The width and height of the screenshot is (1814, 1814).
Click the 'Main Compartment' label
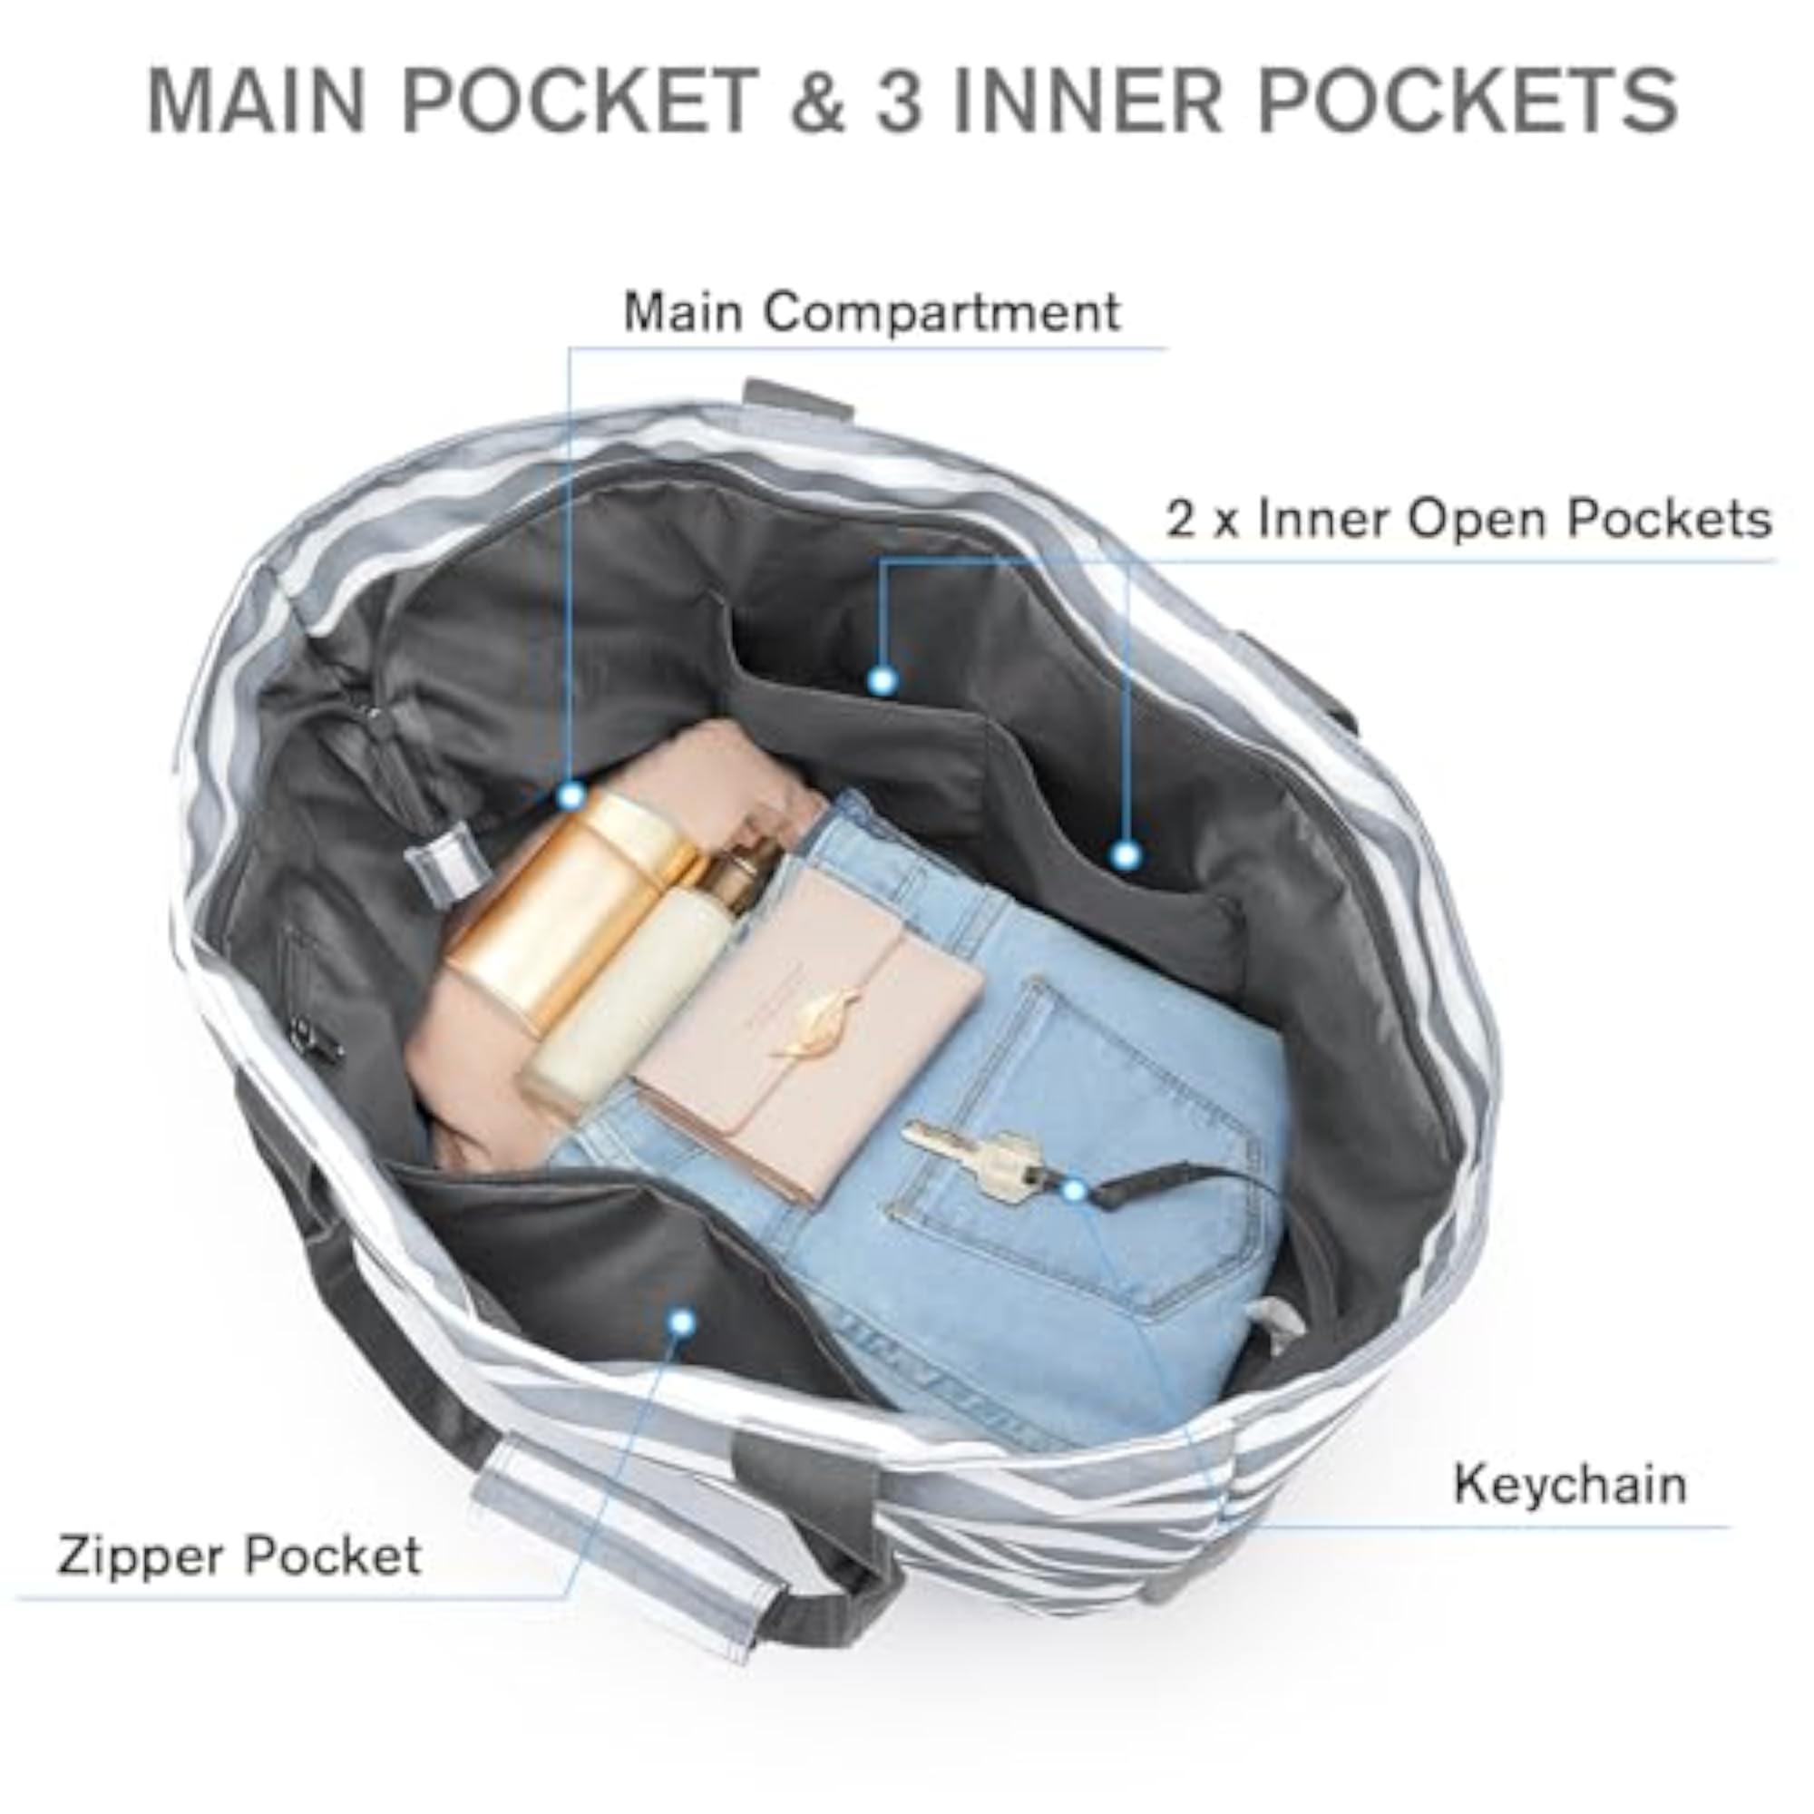[x=872, y=312]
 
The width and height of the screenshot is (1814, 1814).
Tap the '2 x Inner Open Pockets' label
[x=1468, y=519]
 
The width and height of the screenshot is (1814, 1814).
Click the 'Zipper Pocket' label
[x=239, y=1556]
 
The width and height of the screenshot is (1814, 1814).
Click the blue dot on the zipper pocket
[x=683, y=1323]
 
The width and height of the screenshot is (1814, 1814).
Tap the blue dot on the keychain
[x=1074, y=1191]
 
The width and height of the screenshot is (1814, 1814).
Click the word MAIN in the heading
[x=257, y=100]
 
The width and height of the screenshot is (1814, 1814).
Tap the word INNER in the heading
[x=1088, y=100]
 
